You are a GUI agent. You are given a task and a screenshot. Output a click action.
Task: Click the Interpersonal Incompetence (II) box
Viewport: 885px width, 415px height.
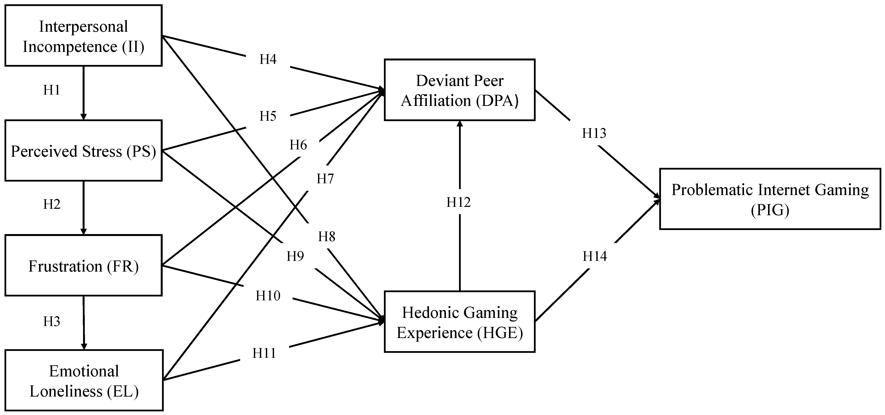coord(83,36)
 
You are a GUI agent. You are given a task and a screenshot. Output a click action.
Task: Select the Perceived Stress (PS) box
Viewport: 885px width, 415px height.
coord(83,151)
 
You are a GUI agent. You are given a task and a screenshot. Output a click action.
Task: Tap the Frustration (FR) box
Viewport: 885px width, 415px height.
coord(83,266)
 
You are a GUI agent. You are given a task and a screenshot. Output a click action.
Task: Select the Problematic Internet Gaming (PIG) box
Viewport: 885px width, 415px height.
coord(770,199)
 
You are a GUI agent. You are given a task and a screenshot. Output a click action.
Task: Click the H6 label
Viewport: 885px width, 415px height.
coord(298,145)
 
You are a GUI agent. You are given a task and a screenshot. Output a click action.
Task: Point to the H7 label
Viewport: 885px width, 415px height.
coord(325,179)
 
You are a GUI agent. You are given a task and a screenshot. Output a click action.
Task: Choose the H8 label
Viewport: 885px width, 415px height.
coord(326,236)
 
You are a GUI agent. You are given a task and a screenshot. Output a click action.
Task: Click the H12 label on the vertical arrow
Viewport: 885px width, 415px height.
coord(458,203)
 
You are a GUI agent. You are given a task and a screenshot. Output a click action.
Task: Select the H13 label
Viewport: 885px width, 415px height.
coord(594,133)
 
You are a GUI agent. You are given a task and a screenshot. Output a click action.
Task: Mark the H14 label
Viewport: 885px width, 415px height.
coord(595,256)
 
